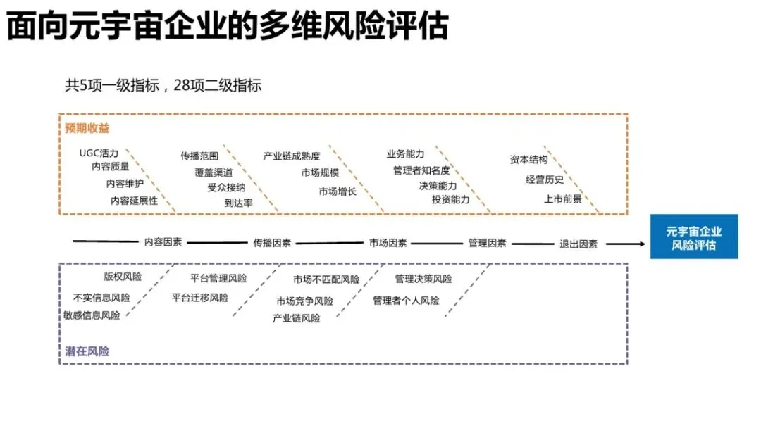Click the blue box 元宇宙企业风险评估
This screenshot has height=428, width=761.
coord(693,237)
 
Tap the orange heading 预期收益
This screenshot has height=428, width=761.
coord(87,128)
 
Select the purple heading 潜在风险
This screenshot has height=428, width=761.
coord(87,351)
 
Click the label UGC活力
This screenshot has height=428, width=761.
coord(99,153)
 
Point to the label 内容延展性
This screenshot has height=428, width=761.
coord(134,201)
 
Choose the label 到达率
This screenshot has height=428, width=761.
coord(239,203)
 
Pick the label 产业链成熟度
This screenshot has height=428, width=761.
coord(291,156)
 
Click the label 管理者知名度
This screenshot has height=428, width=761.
coord(421,170)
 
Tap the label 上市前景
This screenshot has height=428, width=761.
coord(563,199)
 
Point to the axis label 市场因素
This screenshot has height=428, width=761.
coord(388,243)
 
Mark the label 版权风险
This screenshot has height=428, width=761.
coord(122,277)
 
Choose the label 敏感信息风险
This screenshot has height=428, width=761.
coord(92,315)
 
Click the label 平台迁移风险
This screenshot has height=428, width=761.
coord(200,297)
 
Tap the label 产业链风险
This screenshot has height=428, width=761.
coord(297,318)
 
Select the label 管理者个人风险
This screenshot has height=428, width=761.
coord(406,301)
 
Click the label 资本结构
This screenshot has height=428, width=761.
coord(528,160)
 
